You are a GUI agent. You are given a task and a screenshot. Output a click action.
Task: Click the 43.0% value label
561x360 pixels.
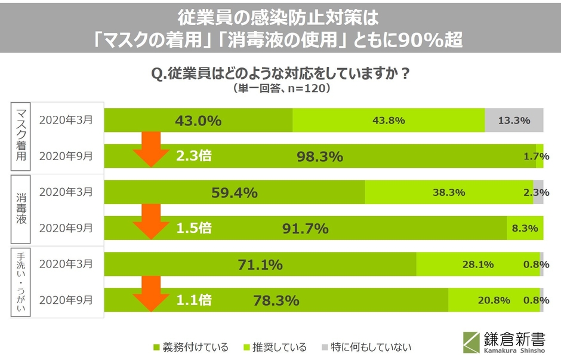[198, 121]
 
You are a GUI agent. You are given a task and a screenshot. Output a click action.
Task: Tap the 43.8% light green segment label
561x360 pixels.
[389, 121]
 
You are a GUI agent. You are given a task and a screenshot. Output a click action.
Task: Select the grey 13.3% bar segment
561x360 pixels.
[514, 121]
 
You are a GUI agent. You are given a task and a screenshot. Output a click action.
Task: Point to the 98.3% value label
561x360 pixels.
[320, 156]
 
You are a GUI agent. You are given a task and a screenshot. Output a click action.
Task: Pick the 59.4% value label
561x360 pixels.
[234, 192]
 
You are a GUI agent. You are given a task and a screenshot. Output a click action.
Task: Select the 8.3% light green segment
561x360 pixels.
[525, 228]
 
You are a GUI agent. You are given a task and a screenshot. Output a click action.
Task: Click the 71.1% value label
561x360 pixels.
[260, 264]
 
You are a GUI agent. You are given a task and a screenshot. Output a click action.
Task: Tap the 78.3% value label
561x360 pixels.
[276, 300]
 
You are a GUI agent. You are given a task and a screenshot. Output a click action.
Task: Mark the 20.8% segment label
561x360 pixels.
[494, 300]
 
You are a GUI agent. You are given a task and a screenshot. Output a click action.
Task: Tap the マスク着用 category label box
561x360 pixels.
[20, 138]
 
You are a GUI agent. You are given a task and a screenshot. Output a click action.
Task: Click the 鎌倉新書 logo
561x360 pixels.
[504, 341]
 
